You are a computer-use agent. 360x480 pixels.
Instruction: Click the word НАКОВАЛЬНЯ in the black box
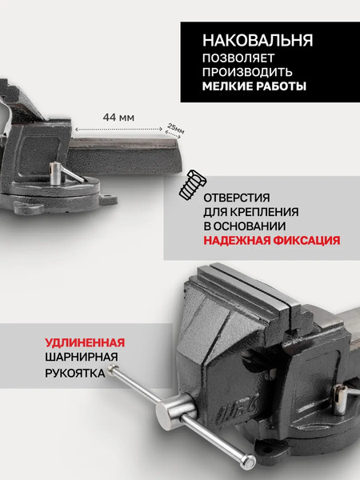tap(257, 39)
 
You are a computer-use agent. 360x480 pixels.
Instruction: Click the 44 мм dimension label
tap(118, 117)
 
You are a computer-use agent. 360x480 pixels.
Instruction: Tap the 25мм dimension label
tap(174, 128)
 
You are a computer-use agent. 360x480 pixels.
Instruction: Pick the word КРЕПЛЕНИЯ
tap(270, 212)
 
